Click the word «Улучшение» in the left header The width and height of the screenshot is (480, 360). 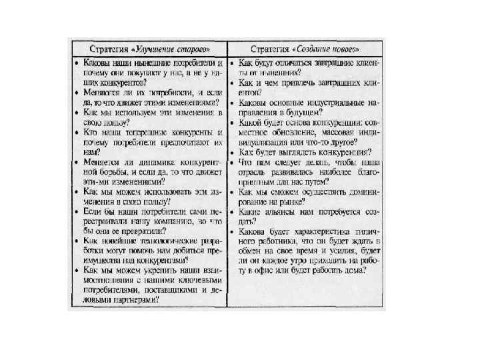click(157, 49)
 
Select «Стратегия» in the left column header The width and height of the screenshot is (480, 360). click(111, 49)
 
